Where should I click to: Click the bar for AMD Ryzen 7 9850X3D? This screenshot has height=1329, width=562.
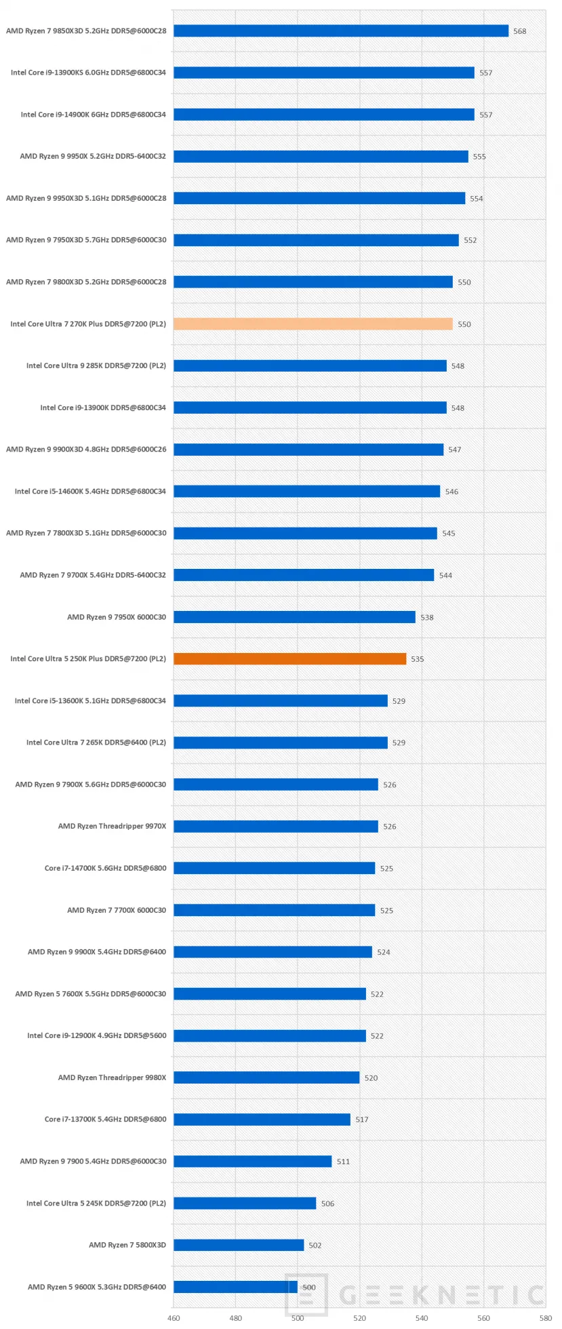340,31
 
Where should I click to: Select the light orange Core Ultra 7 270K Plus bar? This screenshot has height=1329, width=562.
313,324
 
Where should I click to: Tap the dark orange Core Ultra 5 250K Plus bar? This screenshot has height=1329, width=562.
289,658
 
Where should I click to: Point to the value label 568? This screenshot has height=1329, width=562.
519,31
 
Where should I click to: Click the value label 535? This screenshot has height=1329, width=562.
417,659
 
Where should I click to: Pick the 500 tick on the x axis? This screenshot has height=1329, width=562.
298,1318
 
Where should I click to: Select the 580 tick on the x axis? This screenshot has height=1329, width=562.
545,1318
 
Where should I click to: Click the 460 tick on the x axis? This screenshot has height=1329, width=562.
174,1318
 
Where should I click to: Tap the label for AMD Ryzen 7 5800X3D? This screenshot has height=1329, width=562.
127,1244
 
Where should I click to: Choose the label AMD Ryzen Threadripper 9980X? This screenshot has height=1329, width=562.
112,1077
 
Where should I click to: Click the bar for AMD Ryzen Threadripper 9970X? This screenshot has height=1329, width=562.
275,826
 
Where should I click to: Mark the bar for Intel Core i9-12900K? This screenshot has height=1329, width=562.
269,1035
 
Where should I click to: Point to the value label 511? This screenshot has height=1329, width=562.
343,1162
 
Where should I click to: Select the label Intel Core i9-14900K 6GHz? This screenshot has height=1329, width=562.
93,115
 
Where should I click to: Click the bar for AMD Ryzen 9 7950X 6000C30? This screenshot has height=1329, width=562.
294,616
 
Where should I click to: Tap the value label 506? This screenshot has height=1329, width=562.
327,1204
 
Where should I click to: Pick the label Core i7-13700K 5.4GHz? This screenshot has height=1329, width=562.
105,1119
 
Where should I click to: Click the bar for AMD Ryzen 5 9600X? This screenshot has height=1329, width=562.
235,1286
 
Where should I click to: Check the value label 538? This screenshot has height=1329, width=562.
426,617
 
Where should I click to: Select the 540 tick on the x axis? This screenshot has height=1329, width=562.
422,1318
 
